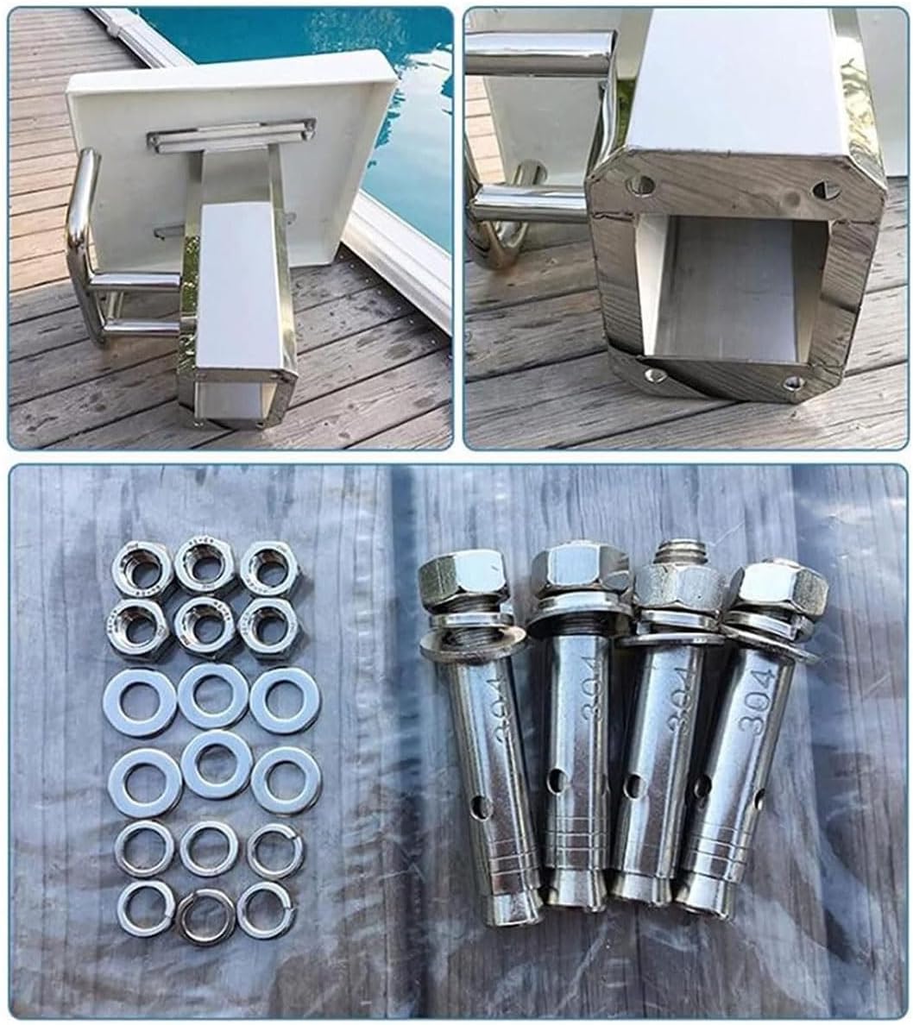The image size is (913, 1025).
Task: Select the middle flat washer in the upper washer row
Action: [x=212, y=695]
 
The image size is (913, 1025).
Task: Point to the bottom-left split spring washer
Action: [x=145, y=909]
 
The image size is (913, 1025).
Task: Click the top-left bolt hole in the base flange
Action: [x=640, y=184]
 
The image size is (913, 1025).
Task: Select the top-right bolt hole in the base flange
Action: [x=826, y=191]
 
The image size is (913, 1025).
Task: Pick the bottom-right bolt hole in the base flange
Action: [x=792, y=382]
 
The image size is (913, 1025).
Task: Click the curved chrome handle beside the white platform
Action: [x=83, y=233]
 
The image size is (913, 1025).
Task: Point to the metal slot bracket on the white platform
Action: [x=230, y=134]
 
